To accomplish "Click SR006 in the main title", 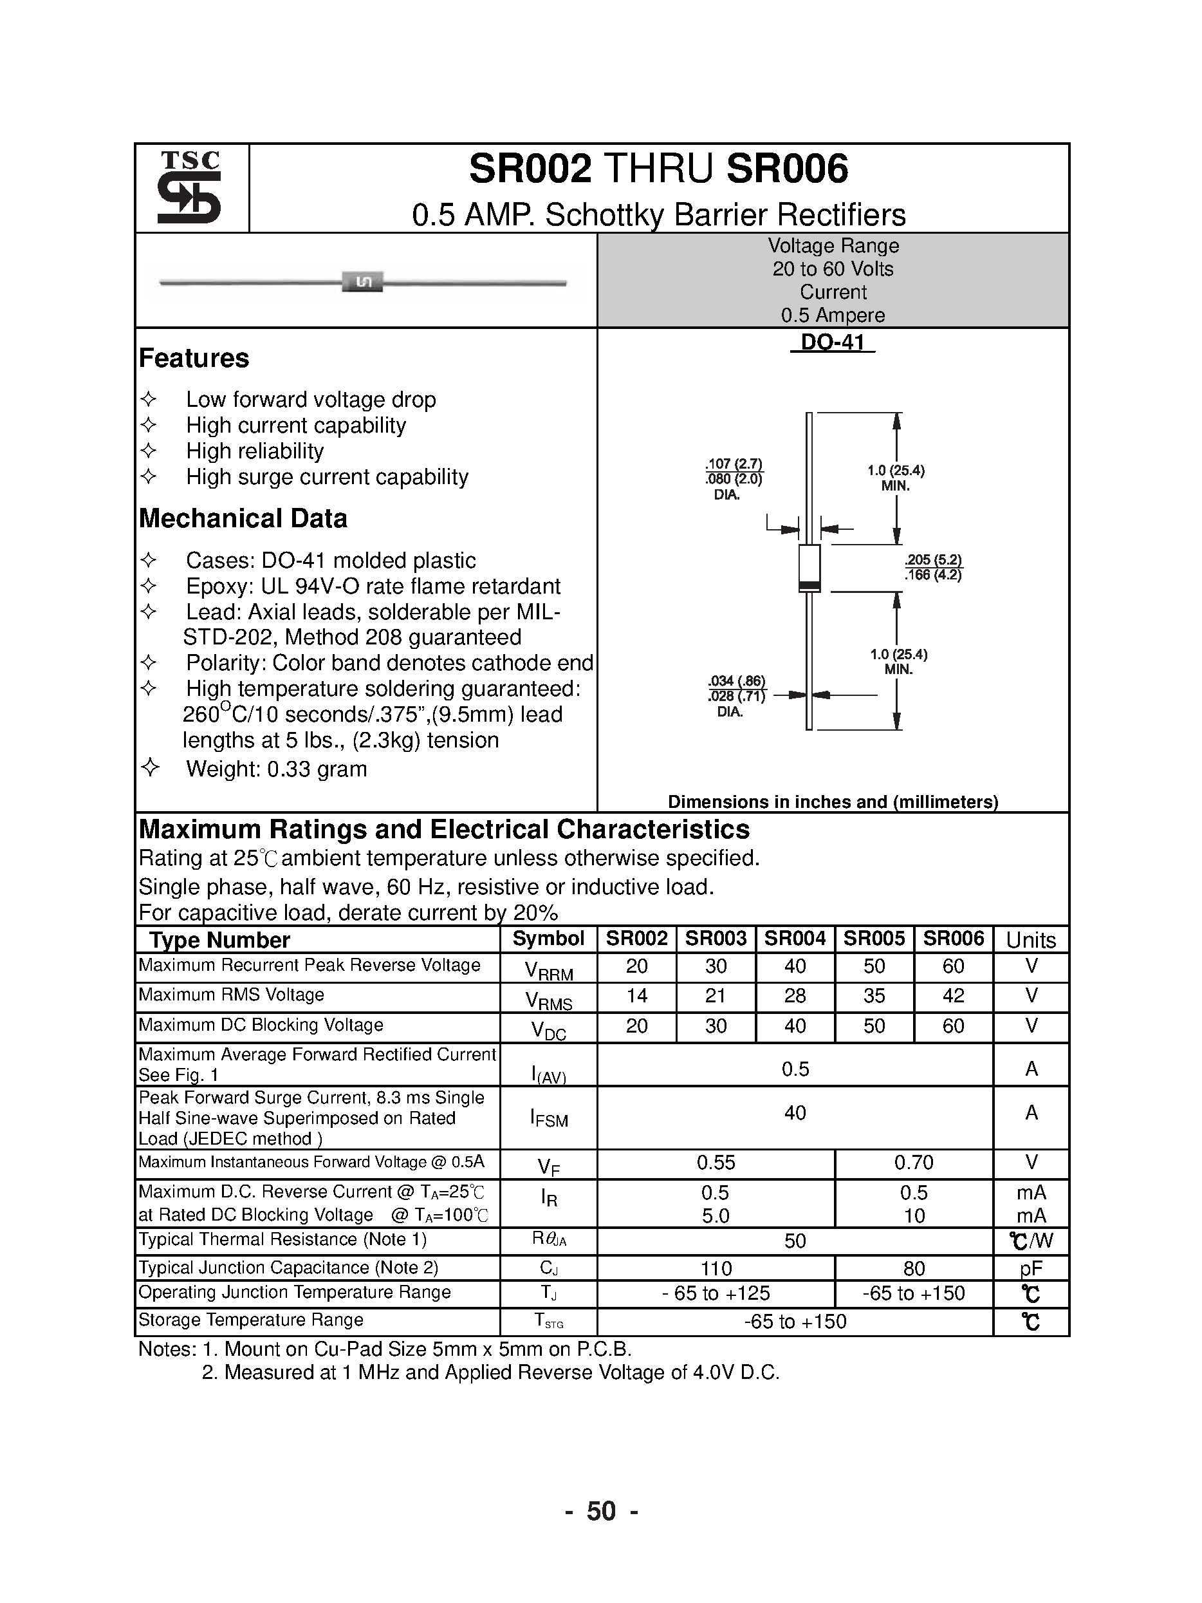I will (x=787, y=169).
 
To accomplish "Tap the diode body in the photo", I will (x=362, y=282).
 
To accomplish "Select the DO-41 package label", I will (x=833, y=342).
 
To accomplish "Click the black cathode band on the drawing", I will (x=809, y=585).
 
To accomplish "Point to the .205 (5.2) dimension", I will (x=933, y=559).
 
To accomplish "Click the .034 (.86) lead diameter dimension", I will (x=736, y=680).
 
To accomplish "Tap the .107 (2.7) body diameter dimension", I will (x=734, y=464).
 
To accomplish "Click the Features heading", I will (x=194, y=358).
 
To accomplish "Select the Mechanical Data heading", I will (x=243, y=518).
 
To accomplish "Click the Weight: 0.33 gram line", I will (x=276, y=769).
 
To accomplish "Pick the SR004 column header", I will (x=795, y=939).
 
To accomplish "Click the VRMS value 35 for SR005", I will (x=874, y=996).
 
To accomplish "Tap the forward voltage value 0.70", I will (x=914, y=1163).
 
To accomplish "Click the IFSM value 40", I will (x=795, y=1112).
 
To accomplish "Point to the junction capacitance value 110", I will (x=716, y=1268).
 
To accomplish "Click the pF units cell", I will (x=1030, y=1268).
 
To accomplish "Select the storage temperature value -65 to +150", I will (x=795, y=1321).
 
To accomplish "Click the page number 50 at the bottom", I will (x=600, y=1511).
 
